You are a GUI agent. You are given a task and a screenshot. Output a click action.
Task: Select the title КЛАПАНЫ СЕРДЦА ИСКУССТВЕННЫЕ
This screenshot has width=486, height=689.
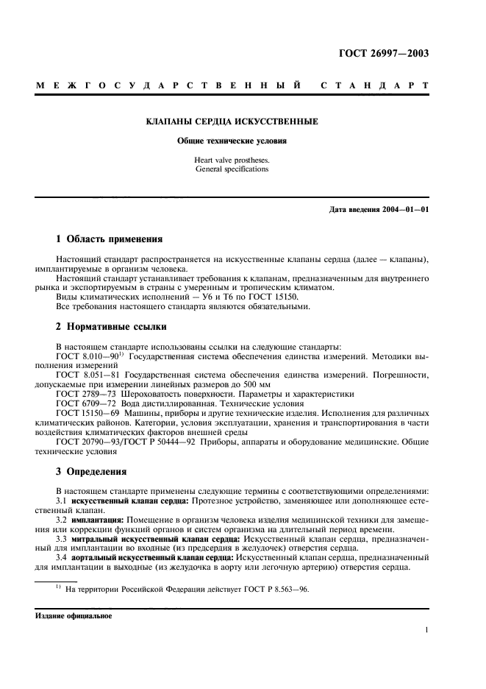pos(232,121)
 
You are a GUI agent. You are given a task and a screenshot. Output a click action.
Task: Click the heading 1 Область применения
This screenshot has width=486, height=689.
pos(109,239)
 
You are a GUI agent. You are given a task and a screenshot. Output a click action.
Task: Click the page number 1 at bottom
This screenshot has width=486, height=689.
pos(426,630)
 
